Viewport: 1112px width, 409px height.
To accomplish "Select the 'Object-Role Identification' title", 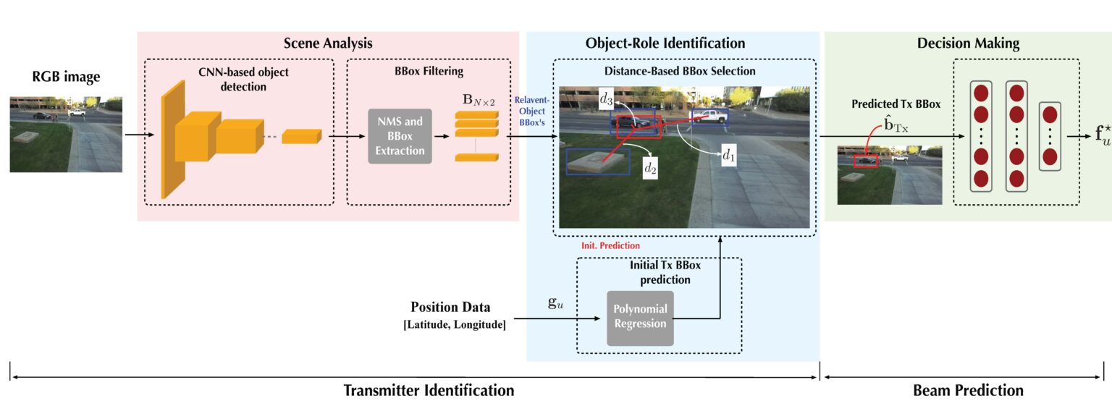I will click(665, 43).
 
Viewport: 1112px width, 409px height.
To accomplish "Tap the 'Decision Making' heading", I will click(967, 43).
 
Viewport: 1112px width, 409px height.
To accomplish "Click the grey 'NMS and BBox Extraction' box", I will click(400, 136).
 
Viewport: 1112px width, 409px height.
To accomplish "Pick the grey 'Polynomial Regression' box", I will click(640, 317).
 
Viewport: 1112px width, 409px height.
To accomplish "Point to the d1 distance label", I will click(728, 155).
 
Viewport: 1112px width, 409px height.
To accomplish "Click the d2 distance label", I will click(651, 168).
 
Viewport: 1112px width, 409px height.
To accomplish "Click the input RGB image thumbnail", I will click(66, 134).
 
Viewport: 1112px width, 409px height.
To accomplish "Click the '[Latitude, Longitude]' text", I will click(454, 324).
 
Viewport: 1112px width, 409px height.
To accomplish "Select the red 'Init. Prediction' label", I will click(610, 245).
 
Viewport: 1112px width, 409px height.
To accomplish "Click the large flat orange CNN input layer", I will click(172, 138).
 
